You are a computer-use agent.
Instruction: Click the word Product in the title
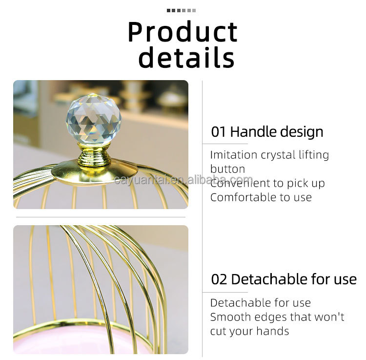click(x=183, y=32)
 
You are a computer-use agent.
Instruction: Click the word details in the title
click(x=186, y=57)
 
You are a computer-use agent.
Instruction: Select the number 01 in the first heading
click(x=219, y=132)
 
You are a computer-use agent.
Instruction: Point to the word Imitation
click(x=233, y=155)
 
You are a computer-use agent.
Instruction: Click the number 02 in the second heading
click(x=220, y=279)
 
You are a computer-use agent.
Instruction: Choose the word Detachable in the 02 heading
click(x=266, y=279)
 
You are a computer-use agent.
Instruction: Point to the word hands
click(x=274, y=331)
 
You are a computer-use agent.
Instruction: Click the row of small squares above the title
click(x=182, y=10)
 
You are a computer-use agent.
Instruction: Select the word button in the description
click(x=227, y=169)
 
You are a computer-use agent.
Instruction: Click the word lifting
click(x=314, y=155)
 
